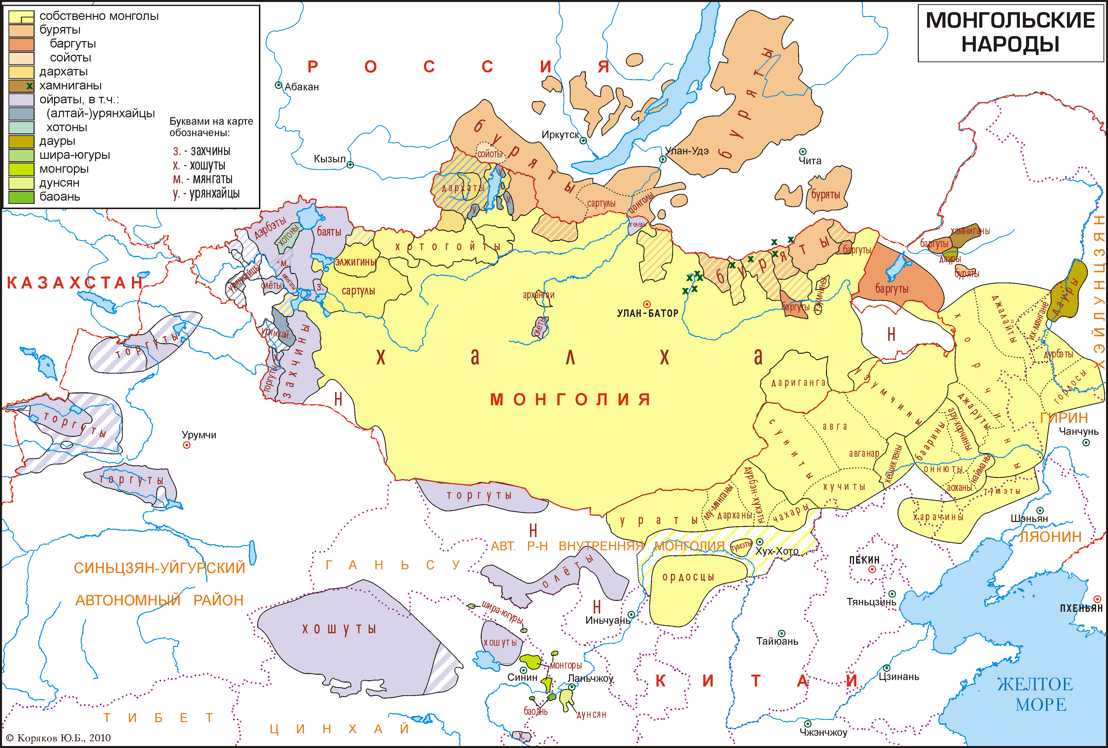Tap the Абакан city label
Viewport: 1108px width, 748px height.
(301, 87)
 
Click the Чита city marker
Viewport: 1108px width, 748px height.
(802, 151)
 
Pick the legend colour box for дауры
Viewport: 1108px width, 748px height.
(21, 141)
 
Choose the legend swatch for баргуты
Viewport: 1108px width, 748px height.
(21, 44)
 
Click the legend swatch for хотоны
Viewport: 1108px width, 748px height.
(21, 127)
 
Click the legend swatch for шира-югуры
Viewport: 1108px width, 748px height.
(21, 155)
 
